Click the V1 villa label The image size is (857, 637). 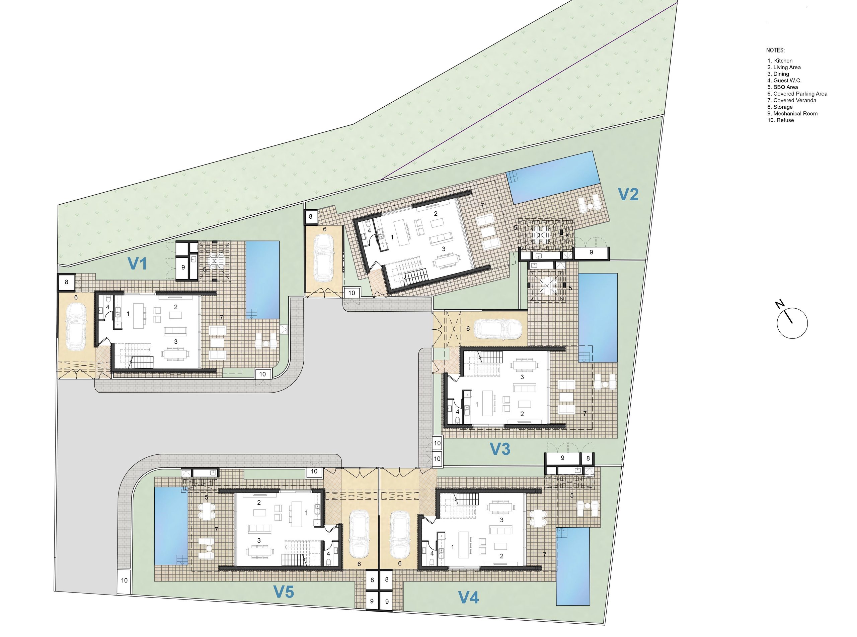[x=137, y=264]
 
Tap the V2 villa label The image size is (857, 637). [x=628, y=194]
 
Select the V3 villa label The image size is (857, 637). [x=500, y=449]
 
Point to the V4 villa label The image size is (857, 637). [x=469, y=598]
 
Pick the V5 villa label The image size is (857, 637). [x=284, y=592]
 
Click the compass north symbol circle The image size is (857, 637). [x=792, y=323]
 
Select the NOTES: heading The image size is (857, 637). [x=775, y=50]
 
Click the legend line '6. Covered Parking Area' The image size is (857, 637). [x=797, y=94]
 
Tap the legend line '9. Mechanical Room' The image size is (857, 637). [x=792, y=113]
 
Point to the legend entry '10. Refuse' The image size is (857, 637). [x=781, y=120]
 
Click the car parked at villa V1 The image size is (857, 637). [x=76, y=326]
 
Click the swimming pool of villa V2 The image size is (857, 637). [x=554, y=177]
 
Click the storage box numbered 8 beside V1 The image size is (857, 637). [x=66, y=282]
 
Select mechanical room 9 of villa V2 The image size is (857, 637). [x=591, y=252]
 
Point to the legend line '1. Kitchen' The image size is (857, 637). [x=780, y=61]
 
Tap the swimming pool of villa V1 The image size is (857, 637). [x=262, y=280]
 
